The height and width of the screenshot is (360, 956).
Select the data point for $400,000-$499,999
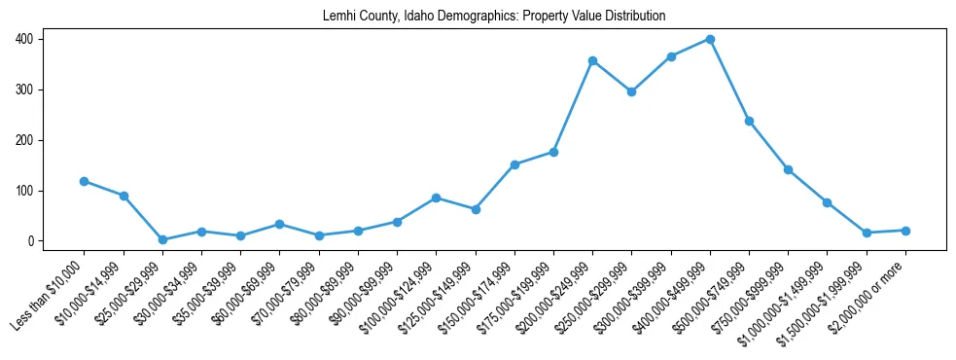(x=710, y=40)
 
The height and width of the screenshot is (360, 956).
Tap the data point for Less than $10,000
(x=85, y=181)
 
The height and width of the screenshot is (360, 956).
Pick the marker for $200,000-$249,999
(x=592, y=61)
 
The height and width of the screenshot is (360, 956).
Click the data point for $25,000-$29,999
(x=162, y=239)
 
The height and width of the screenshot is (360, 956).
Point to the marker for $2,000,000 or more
(x=905, y=231)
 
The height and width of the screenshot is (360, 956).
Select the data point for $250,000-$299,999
(x=631, y=91)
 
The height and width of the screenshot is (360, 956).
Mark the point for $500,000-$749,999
(x=749, y=121)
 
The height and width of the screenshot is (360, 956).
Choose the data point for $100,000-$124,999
(x=436, y=198)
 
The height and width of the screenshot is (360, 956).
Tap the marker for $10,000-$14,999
(x=124, y=196)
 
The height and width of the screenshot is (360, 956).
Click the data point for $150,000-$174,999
(x=514, y=164)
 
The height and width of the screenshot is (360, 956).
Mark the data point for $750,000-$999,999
(x=788, y=169)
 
